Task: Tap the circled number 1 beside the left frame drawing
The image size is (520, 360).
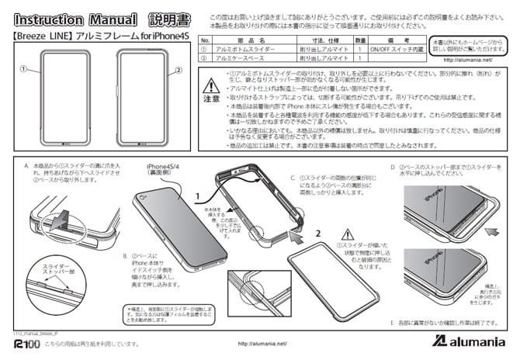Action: pos(24,69)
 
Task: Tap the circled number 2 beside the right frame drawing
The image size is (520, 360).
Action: pos(179,69)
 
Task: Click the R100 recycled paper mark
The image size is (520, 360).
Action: pos(26,343)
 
